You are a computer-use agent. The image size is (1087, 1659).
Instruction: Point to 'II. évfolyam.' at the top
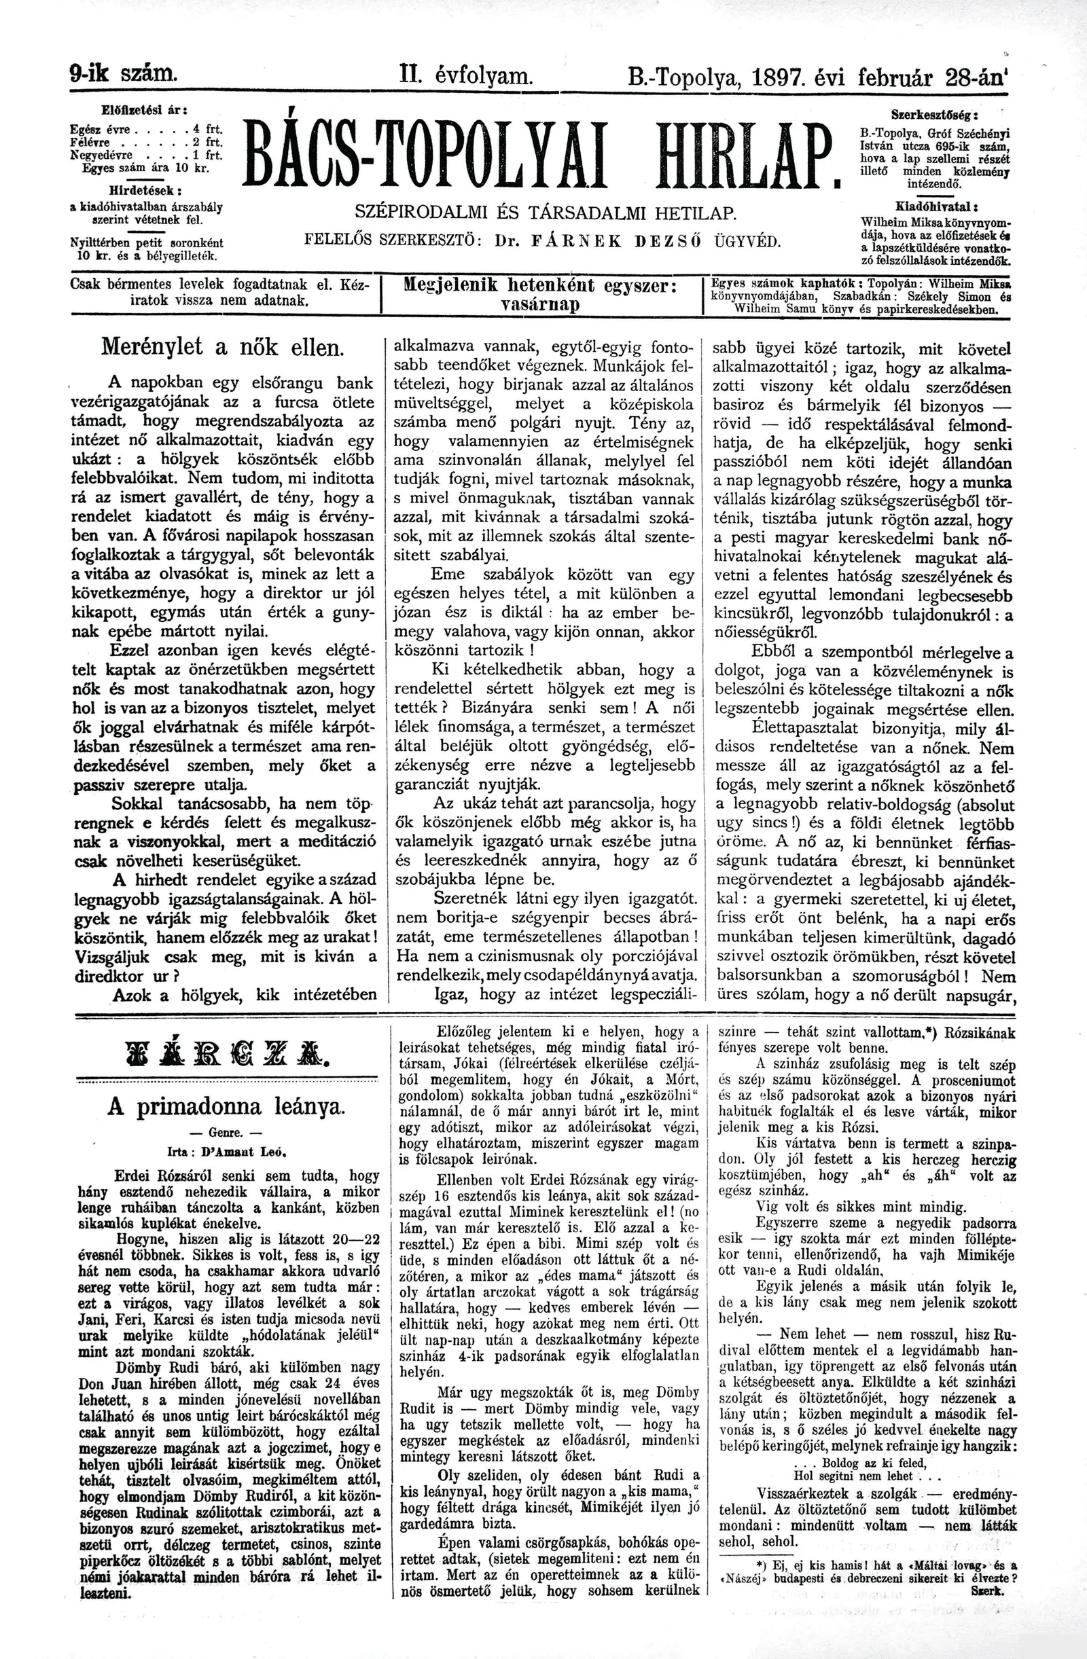click(466, 73)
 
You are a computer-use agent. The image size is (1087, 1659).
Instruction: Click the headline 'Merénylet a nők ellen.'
click(222, 346)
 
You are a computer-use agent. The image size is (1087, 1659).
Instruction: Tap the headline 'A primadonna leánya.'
click(225, 1108)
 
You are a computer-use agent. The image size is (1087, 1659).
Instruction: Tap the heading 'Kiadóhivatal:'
click(935, 207)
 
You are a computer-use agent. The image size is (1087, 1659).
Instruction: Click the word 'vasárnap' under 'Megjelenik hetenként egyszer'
click(541, 306)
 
